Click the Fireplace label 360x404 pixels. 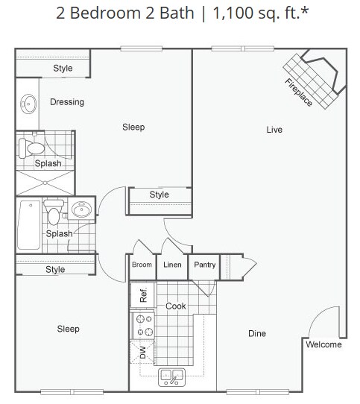(x=298, y=90)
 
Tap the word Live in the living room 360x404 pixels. (x=274, y=130)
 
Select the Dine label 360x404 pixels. (x=256, y=333)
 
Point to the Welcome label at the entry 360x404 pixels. (x=323, y=344)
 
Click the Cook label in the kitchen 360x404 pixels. (x=176, y=306)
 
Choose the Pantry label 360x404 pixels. (x=204, y=265)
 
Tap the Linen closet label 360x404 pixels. (x=172, y=265)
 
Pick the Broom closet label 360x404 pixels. (x=142, y=265)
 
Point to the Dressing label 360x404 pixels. (x=67, y=102)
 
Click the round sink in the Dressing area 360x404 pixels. (x=28, y=104)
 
